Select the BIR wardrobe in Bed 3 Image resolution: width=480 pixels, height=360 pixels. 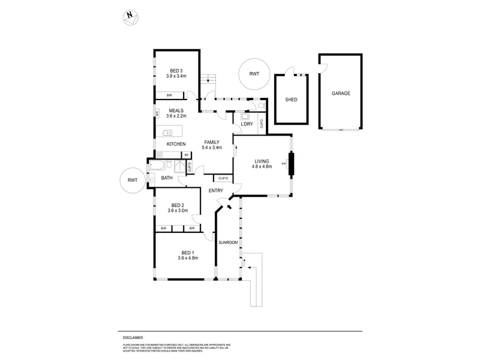click(x=169, y=95)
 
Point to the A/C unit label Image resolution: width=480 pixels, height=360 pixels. click(x=157, y=112)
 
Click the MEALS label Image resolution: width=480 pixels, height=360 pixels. click(x=176, y=110)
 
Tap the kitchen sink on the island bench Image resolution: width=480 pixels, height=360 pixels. click(x=169, y=133)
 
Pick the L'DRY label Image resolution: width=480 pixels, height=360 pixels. click(x=247, y=124)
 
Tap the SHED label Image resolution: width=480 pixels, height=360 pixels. click(x=292, y=100)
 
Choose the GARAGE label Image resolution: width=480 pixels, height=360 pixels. click(x=341, y=94)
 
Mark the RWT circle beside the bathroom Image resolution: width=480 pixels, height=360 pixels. click(x=133, y=179)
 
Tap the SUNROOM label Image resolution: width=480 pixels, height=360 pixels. click(x=228, y=242)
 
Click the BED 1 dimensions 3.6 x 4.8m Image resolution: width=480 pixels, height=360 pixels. click(x=188, y=258)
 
